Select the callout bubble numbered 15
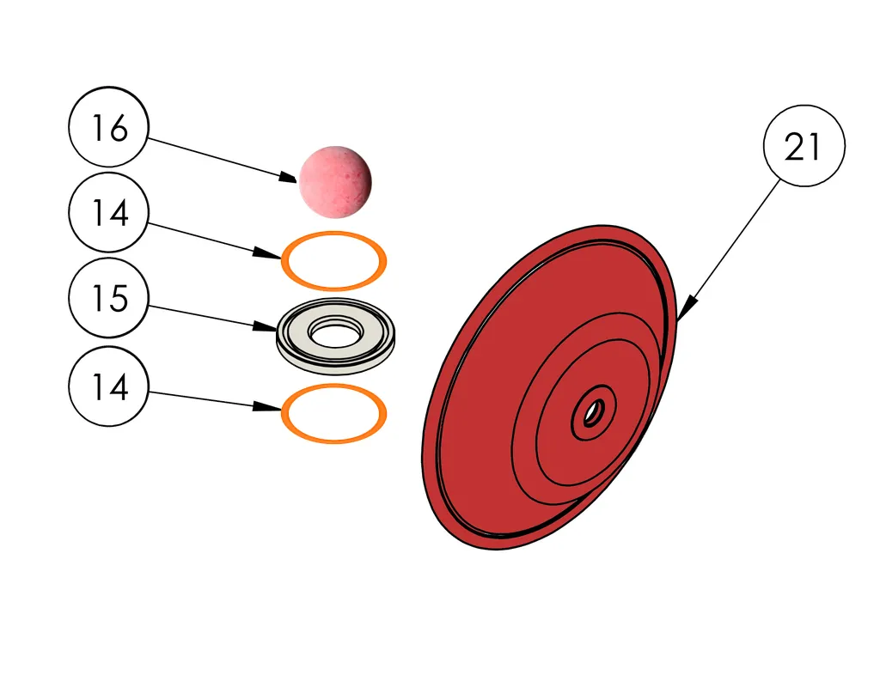[x=109, y=298]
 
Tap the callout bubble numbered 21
[x=804, y=147]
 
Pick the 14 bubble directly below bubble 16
[x=109, y=212]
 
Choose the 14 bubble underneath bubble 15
[x=109, y=386]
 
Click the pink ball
[x=335, y=180]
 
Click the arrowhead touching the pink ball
[x=290, y=178]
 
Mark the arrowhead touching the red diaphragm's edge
[x=688, y=306]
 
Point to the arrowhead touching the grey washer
[x=266, y=327]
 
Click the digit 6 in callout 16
[x=119, y=128]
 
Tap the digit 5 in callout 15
[x=119, y=299]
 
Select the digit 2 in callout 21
[x=794, y=148]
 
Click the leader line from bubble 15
[x=206, y=316]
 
